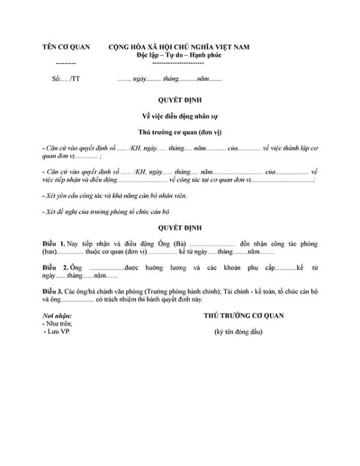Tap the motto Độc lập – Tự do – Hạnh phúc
[178, 55]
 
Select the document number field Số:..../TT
[66, 79]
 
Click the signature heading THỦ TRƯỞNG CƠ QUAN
[244, 315]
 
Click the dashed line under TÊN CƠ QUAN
[65, 63]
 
